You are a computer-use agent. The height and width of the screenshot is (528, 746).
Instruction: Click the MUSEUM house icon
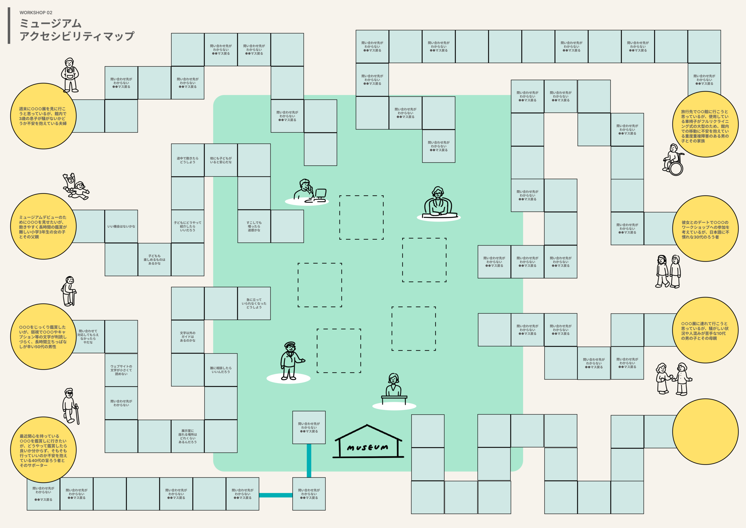pos(368,441)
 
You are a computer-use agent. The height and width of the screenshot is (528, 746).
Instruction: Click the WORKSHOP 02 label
pos(36,13)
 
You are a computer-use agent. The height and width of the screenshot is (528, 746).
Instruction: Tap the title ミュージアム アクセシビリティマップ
pos(77,29)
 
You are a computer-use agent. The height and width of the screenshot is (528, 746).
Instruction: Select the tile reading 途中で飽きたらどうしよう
pos(187,160)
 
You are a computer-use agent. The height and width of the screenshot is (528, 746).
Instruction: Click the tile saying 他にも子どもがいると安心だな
pos(221,160)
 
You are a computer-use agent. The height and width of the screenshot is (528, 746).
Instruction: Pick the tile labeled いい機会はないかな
pos(121,226)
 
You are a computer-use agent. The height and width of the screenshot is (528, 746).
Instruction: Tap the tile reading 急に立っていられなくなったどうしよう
pos(254,303)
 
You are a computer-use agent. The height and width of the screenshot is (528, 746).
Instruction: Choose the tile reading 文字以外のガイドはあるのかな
pos(187,336)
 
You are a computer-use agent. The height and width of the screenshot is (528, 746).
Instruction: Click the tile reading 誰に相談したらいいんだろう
pos(221,370)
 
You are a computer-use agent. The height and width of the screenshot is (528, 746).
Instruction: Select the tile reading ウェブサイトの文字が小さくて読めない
pos(121,370)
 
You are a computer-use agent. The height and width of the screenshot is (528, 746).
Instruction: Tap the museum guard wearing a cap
pos(291,361)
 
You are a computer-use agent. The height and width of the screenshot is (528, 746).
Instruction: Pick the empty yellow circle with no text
pos(705,432)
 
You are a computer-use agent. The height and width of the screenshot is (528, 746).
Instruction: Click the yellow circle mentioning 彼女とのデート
pos(705,229)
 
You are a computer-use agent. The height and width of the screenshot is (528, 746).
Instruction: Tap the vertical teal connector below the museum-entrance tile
pos(309,461)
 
